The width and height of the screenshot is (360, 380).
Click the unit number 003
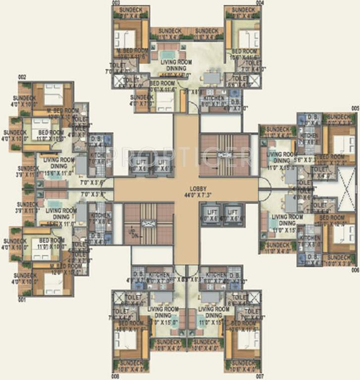pos(116,2)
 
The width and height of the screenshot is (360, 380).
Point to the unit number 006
pos(355,270)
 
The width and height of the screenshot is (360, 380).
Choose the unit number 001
pos(22,300)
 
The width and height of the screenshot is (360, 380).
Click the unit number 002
pos(22,77)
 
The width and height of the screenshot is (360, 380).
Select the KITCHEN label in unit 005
pos(310,135)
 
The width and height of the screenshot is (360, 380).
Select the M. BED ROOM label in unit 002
pos(63,110)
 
